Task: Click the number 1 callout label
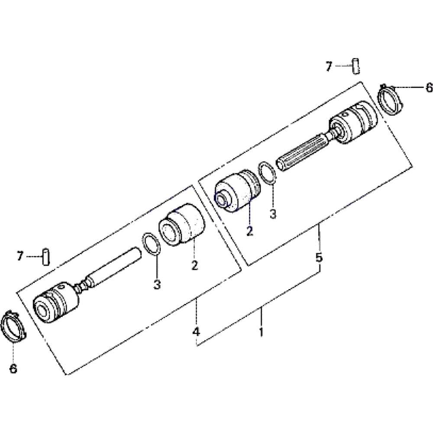(x=261, y=332)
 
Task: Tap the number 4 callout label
(x=196, y=331)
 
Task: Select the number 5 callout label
(x=319, y=257)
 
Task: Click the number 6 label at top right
(x=429, y=88)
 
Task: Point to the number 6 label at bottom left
(x=13, y=368)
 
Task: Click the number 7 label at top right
(x=328, y=67)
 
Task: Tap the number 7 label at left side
(x=19, y=256)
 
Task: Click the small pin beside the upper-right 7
(x=356, y=66)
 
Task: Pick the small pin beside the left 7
(x=46, y=257)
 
